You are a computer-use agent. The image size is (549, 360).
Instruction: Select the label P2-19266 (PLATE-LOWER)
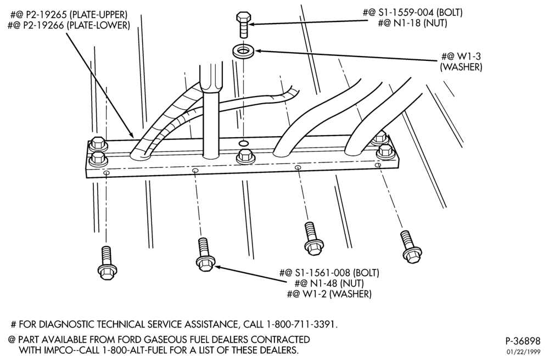point(69,26)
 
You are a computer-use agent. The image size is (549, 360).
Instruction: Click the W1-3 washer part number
point(468,56)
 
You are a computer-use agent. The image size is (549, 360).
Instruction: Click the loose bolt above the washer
point(243,25)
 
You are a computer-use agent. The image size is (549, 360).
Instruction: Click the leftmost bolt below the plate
point(107,263)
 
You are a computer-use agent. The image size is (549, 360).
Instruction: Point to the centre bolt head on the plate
point(245,156)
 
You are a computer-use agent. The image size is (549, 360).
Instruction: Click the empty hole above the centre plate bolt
point(244,143)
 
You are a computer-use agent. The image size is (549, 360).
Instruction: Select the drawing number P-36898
point(523,341)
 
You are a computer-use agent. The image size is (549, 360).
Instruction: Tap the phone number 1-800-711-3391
point(301,325)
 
